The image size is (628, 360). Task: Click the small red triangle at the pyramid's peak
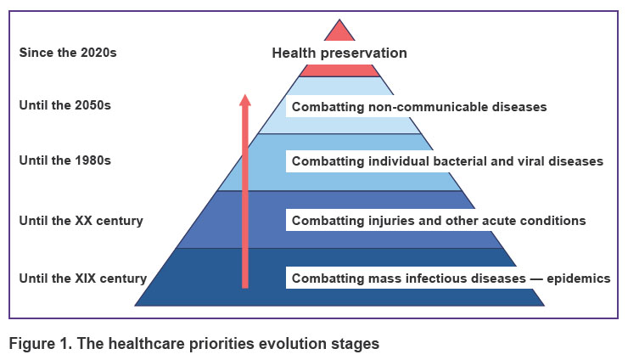point(339,32)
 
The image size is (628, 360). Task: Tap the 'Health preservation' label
point(339,53)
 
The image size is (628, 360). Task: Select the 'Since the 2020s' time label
point(68,53)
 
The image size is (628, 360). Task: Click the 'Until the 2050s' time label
point(64,105)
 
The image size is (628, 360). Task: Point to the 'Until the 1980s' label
point(64,160)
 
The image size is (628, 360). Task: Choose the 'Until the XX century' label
point(81,221)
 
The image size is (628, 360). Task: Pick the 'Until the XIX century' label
point(83,278)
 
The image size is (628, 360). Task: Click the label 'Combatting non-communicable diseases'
point(419,107)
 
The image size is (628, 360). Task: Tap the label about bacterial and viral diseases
point(447,161)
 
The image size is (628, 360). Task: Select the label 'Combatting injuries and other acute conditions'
point(439,221)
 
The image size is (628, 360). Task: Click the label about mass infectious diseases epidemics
point(451,278)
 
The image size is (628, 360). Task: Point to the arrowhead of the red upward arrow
point(245,100)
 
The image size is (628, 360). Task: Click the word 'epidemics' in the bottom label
point(579,278)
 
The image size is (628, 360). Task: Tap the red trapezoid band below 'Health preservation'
point(339,70)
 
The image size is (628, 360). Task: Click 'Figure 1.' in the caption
point(41,344)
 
